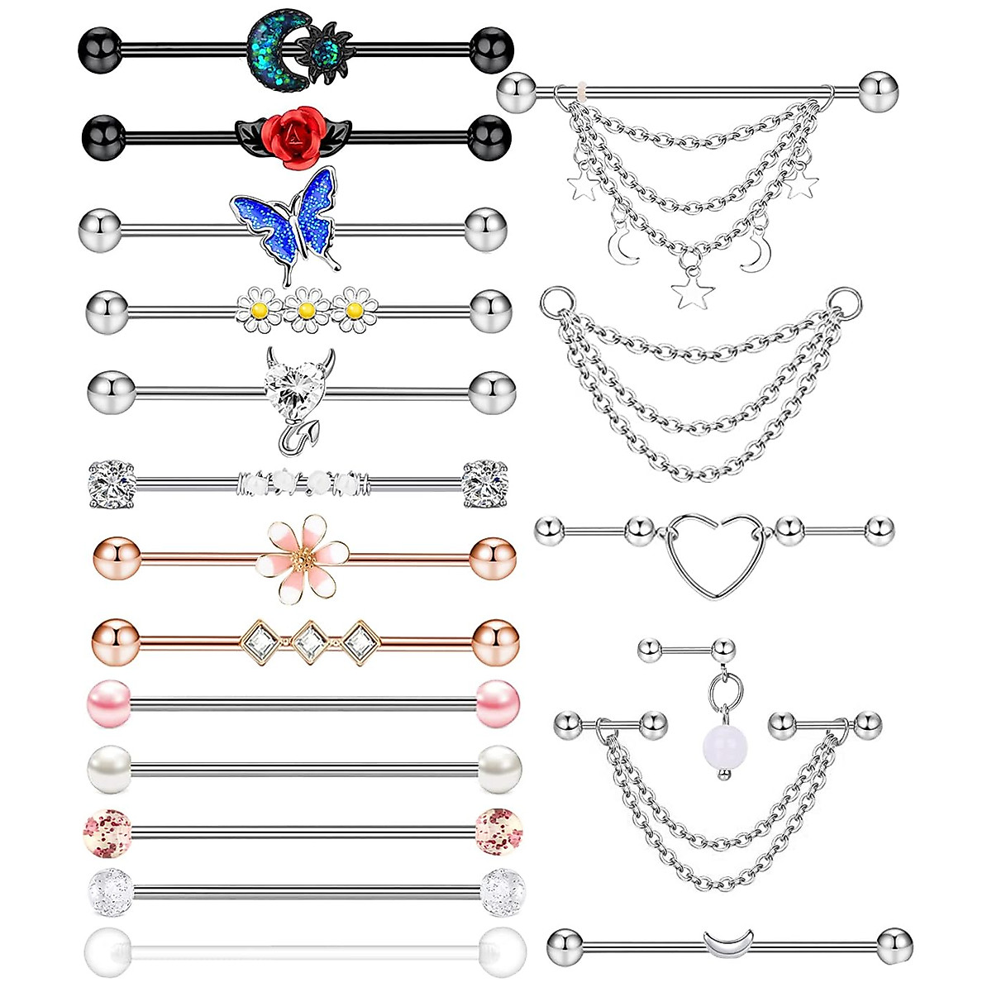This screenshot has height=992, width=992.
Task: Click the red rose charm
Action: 289,133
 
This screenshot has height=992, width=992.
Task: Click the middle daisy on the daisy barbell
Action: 306,310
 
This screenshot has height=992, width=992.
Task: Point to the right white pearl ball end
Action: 499,768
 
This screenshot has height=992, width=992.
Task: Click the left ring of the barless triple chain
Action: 556,299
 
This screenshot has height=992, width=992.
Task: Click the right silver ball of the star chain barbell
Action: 880,93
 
